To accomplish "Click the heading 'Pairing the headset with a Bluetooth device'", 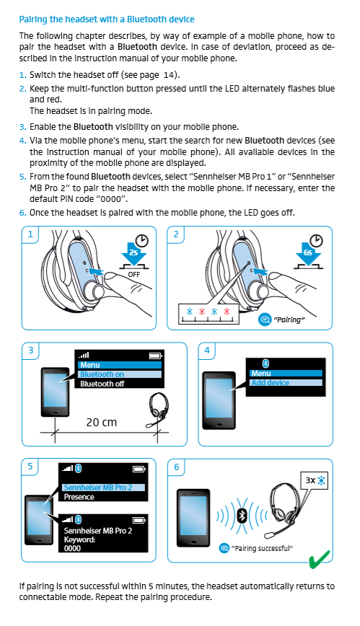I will (107, 18).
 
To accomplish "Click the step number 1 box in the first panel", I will (30, 234).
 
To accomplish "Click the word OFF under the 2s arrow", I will (133, 275).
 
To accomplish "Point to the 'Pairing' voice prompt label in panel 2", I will (289, 319).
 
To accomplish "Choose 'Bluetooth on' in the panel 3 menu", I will (102, 374).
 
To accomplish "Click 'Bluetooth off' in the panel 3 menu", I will (102, 384).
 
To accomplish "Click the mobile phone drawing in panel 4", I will (219, 401).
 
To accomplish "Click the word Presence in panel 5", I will (79, 497).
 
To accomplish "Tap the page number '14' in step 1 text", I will (169, 74).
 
